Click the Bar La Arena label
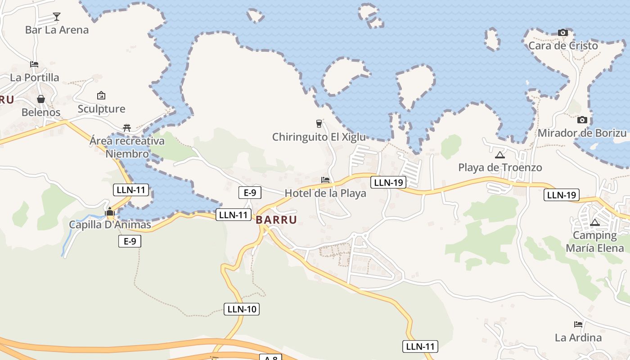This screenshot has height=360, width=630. coord(57,30)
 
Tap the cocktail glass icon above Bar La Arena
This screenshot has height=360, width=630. coord(57,17)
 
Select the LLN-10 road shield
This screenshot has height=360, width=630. coord(242,309)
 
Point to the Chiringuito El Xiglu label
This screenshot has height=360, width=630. coord(319,137)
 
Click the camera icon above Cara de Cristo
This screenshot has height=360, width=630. coord(562,32)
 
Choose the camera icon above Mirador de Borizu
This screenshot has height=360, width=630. coord(582,120)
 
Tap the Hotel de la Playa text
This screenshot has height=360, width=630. coord(325,193)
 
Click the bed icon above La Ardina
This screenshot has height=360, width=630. coord(578,324)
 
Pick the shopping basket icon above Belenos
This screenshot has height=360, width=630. coord(41,99)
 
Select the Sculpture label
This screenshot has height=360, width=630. coord(101,109)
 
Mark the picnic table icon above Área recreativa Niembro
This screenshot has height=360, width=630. coord(127,128)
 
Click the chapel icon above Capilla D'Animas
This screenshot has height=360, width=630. coord(110,211)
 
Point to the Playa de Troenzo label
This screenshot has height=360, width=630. coord(500,168)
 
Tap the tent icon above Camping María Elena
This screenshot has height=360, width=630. coord(595,222)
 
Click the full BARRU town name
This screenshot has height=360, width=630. coord(276,220)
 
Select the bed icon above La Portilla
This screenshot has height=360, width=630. coord(34,64)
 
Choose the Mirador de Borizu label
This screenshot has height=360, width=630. coord(582,133)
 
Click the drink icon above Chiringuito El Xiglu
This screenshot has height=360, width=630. coord(319,123)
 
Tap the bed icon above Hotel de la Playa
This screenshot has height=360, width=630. coord(325,180)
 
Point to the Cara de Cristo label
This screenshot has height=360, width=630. coord(563,45)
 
